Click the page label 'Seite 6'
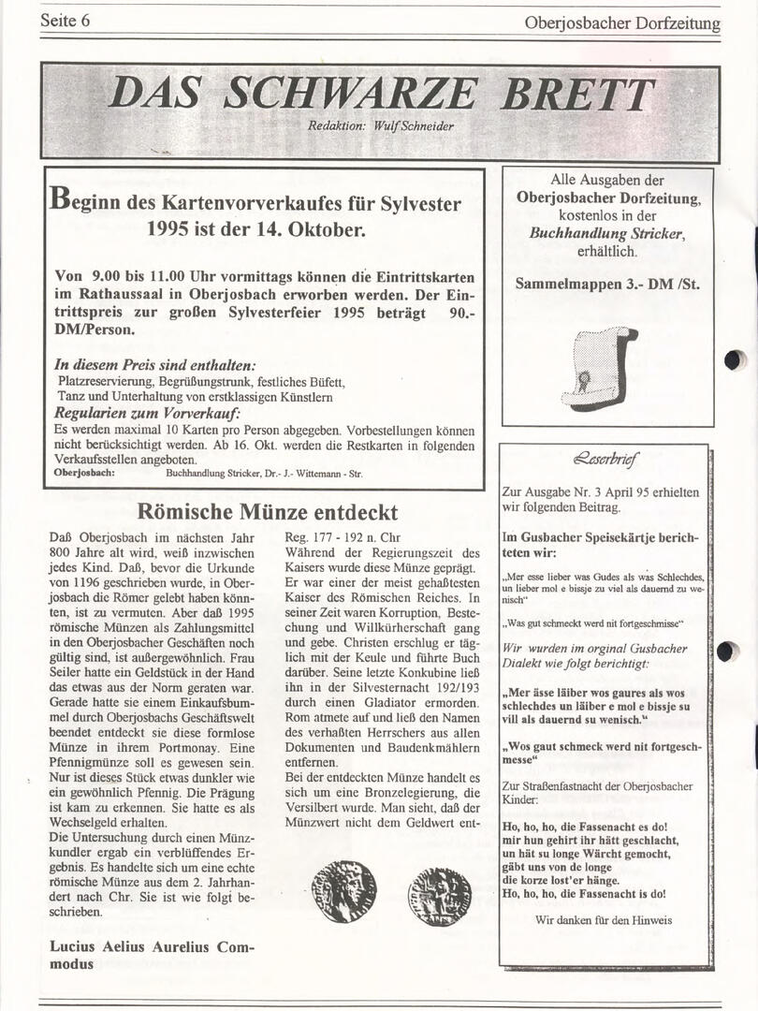click(65, 22)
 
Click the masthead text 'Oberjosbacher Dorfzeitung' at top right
click(623, 23)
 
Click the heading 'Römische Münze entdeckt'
click(267, 512)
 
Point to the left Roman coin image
click(343, 891)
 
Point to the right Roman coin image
click(440, 896)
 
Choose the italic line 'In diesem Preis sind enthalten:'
click(155, 365)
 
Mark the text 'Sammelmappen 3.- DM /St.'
click(607, 284)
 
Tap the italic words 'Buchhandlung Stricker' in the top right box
click(606, 233)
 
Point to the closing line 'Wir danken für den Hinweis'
click(604, 919)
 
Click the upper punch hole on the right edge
click(735, 359)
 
